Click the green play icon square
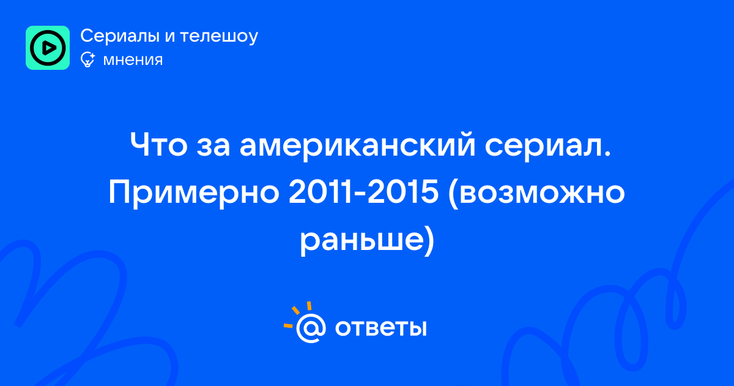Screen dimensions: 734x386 click(48, 48)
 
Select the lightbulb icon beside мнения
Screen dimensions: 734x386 click(88, 59)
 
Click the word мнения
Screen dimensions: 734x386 click(133, 61)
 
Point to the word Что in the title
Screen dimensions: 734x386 click(158, 145)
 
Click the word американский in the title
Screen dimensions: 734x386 click(357, 146)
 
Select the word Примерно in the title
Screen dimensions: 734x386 click(194, 193)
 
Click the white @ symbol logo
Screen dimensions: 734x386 click(311, 328)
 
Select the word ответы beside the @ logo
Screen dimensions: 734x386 click(380, 328)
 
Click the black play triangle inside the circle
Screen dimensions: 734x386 click(49, 48)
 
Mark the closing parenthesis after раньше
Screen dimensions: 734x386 click(429, 241)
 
